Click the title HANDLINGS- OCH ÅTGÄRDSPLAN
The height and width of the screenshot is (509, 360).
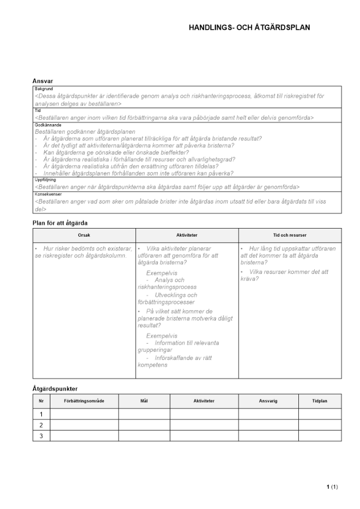pyautogui.click(x=249, y=28)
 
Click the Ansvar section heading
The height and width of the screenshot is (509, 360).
pyautogui.click(x=43, y=81)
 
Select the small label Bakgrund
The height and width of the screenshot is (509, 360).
pyautogui.click(x=43, y=89)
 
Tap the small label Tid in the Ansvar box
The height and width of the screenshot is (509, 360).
pyautogui.click(x=37, y=110)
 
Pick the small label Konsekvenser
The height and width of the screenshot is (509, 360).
pyautogui.click(x=46, y=194)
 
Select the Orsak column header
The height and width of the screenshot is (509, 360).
pyautogui.click(x=85, y=235)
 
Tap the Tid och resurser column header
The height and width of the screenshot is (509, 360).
pyautogui.click(x=290, y=235)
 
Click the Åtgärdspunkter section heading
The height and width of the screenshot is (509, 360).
pyautogui.click(x=54, y=389)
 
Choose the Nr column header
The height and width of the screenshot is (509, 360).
pyautogui.click(x=41, y=401)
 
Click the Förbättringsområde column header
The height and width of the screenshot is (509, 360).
pyautogui.click(x=84, y=401)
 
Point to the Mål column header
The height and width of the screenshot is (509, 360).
pyautogui.click(x=144, y=401)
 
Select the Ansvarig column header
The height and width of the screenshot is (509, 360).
pyautogui.click(x=268, y=401)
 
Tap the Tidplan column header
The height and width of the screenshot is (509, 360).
pyautogui.click(x=319, y=401)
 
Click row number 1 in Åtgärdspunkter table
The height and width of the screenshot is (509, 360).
pyautogui.click(x=41, y=414)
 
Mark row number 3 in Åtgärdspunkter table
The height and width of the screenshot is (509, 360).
pyautogui.click(x=41, y=436)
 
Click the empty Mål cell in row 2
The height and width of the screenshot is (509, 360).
pyautogui.click(x=144, y=425)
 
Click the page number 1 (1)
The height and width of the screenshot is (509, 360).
pyautogui.click(x=332, y=487)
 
